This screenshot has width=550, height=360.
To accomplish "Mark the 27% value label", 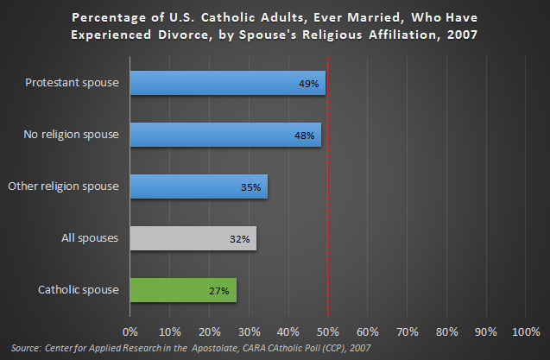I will coord(219,291).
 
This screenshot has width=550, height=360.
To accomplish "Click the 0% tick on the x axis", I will coord(130,332).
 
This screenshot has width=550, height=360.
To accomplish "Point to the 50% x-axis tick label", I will coord(328,332).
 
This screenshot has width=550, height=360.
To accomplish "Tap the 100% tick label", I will coord(525,332).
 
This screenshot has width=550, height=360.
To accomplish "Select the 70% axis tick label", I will coord(408,332).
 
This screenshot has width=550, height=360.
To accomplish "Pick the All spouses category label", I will coord(92,238).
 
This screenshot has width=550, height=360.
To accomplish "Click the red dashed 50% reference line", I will coord(328,216).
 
